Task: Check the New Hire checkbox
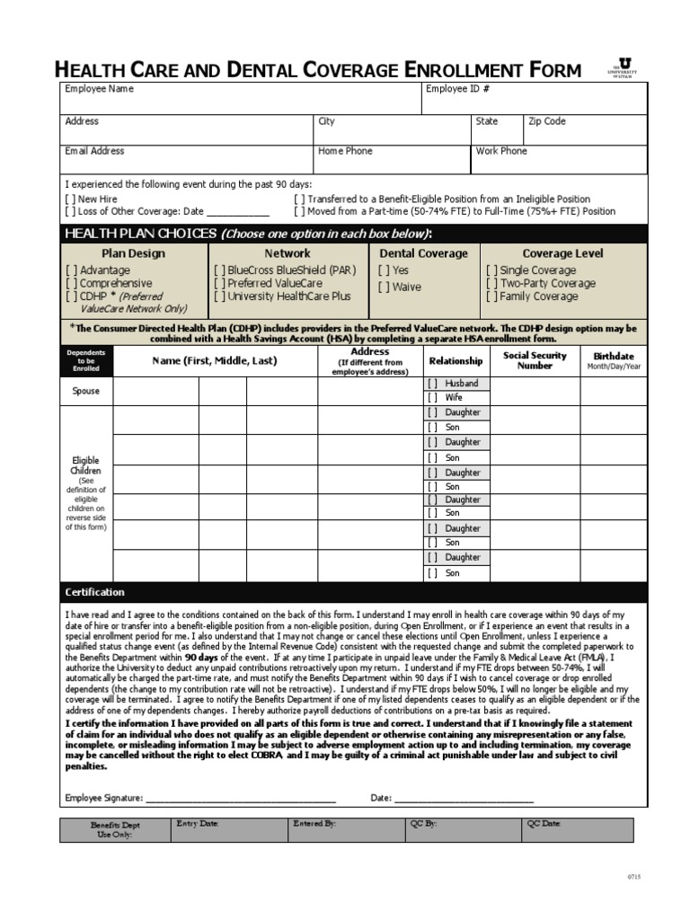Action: [71, 199]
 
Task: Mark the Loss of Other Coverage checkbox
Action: [71, 212]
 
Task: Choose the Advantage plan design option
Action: [71, 270]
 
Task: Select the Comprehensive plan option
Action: [71, 283]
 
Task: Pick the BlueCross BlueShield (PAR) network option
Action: [219, 270]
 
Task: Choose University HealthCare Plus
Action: [219, 296]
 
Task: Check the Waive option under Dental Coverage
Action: [384, 287]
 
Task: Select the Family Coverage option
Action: [492, 296]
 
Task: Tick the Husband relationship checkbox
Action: [432, 384]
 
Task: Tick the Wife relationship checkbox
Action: [432, 397]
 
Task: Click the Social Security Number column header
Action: [535, 360]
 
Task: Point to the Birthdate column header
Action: [614, 360]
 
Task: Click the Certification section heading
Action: [95, 593]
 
